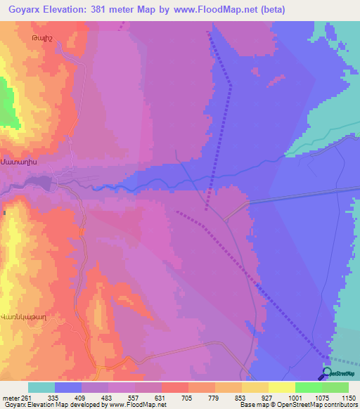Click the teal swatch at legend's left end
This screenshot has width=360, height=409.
[x=41, y=387]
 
